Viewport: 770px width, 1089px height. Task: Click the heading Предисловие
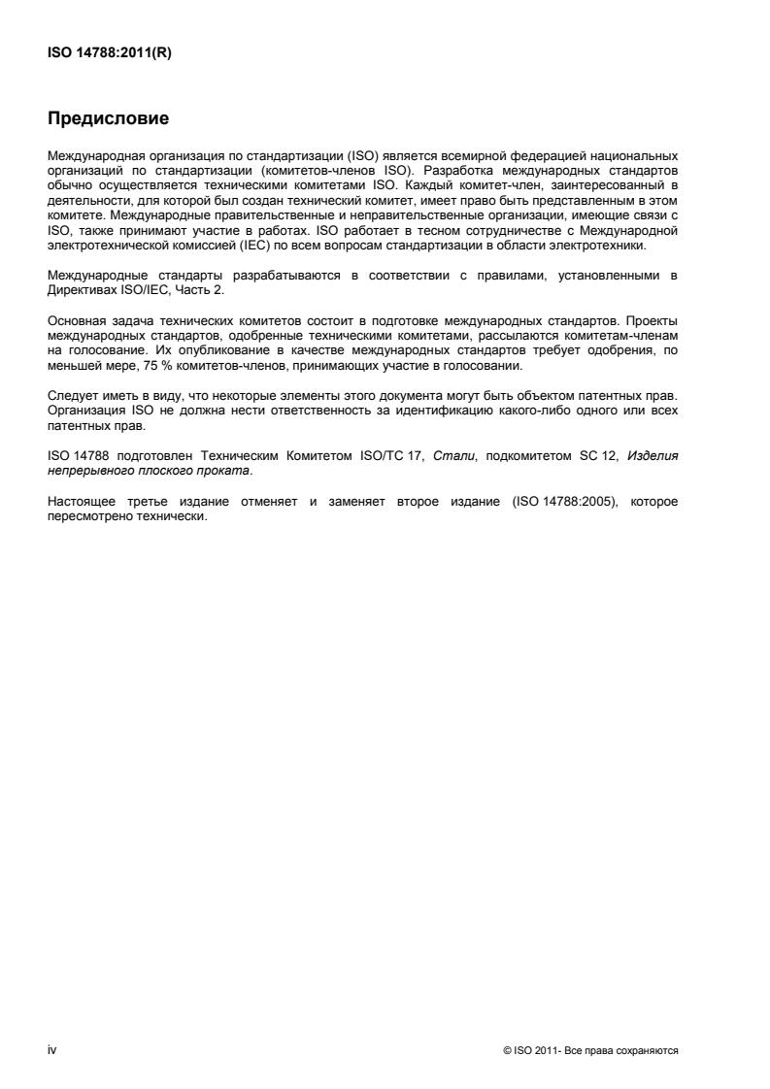tap(109, 120)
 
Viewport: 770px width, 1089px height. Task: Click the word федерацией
tap(546, 154)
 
